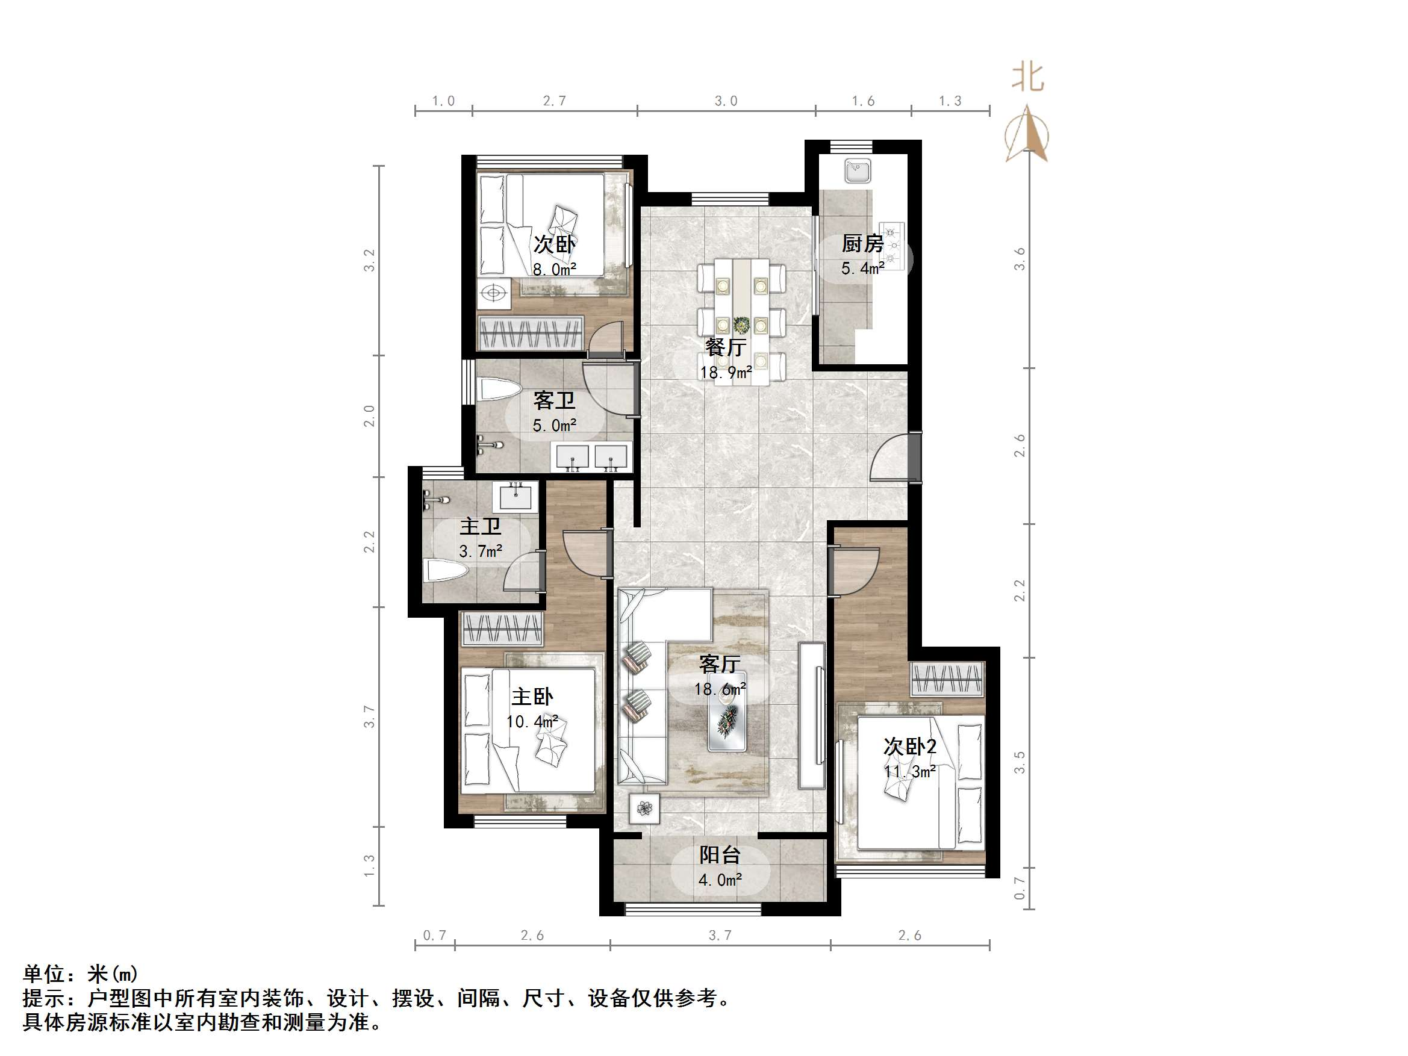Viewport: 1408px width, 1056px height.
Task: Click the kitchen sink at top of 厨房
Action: coord(858,171)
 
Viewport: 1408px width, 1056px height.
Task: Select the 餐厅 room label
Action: coord(725,347)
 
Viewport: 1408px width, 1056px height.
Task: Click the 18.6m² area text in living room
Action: coord(719,689)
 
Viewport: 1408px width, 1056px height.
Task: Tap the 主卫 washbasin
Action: coord(515,496)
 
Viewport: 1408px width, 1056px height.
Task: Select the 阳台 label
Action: coord(720,855)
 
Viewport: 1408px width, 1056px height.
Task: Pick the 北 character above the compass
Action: coord(1028,78)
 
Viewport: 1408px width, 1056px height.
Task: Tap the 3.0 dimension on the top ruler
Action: coord(726,101)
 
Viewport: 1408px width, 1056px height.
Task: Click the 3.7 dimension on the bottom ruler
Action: coord(720,935)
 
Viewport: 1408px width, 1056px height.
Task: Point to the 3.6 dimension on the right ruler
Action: coord(1020,259)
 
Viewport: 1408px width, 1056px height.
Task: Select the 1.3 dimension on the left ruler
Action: coord(369,866)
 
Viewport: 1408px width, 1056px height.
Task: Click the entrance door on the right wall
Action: coord(914,456)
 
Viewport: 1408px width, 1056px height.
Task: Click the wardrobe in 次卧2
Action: coord(947,679)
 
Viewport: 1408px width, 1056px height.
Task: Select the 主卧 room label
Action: coord(532,697)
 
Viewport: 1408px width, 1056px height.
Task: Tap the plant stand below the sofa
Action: coord(645,809)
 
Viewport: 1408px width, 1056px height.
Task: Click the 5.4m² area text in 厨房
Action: coord(862,269)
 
